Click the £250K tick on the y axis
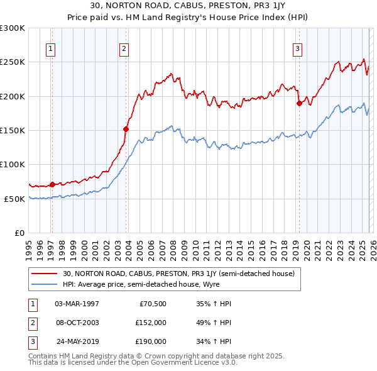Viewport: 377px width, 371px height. pyautogui.click(x=13, y=62)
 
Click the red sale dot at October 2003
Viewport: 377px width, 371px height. pyautogui.click(x=126, y=129)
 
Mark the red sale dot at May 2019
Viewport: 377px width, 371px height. pyautogui.click(x=299, y=104)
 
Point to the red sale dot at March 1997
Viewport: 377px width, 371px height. pyautogui.click(x=52, y=184)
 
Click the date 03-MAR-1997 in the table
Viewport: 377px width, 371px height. pyautogui.click(x=77, y=303)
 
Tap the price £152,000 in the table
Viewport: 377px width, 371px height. pyautogui.click(x=151, y=323)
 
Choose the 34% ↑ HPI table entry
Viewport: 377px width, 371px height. pyautogui.click(x=214, y=342)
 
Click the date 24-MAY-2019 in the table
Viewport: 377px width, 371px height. pyautogui.click(x=77, y=342)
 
